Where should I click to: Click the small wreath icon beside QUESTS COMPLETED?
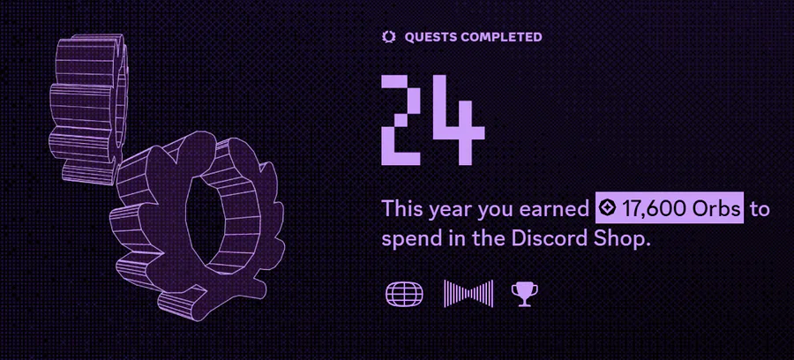coord(388,37)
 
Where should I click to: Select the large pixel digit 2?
coord(401,120)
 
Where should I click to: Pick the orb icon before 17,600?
coord(608,208)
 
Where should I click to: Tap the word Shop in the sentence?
coord(622,239)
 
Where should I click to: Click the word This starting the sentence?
coord(402,208)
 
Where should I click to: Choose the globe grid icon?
coord(404,294)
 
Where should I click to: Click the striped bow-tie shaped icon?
coord(468,294)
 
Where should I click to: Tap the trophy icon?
coord(525,294)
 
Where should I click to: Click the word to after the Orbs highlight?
coord(760,209)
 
